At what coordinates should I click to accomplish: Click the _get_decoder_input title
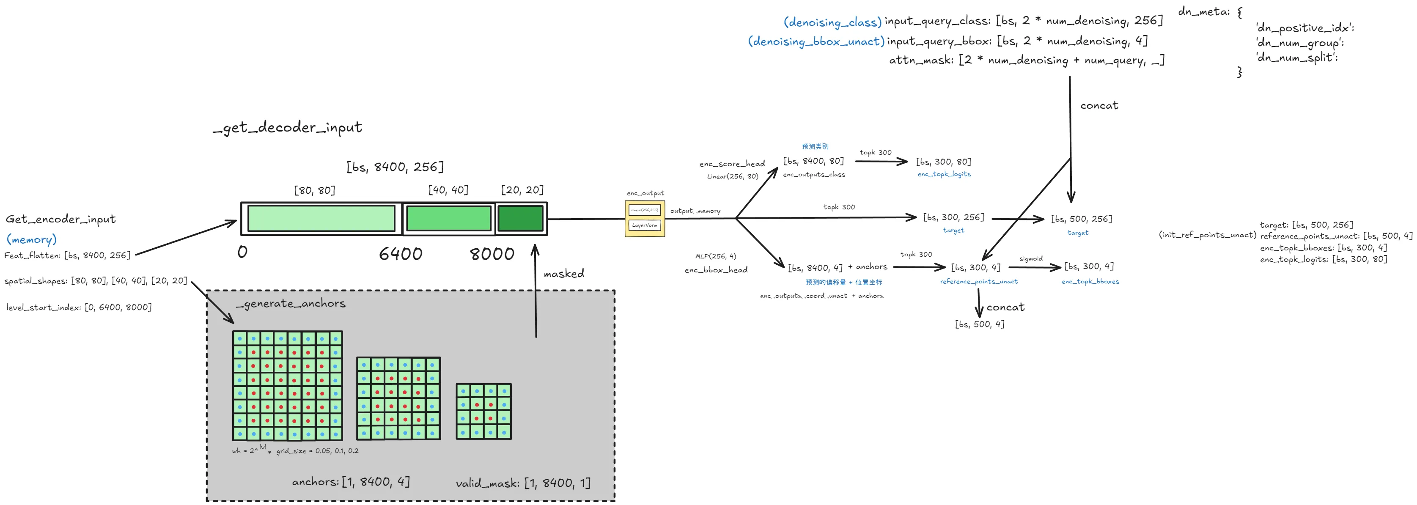[287, 128]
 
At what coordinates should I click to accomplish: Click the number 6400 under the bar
[401, 254]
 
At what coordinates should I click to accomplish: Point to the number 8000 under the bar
[492, 254]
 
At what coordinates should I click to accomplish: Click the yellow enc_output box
[645, 218]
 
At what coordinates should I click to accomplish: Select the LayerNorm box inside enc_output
[645, 225]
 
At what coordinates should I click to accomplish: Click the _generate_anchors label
[291, 303]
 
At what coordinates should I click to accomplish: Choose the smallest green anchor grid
[483, 412]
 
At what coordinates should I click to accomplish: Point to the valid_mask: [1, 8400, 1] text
[522, 483]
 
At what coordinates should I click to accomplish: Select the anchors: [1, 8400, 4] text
[351, 482]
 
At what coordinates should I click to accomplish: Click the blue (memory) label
[31, 239]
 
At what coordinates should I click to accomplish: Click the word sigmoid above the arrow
[1030, 258]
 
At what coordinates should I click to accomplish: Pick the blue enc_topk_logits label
[944, 174]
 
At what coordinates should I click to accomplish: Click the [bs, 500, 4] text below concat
[979, 324]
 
